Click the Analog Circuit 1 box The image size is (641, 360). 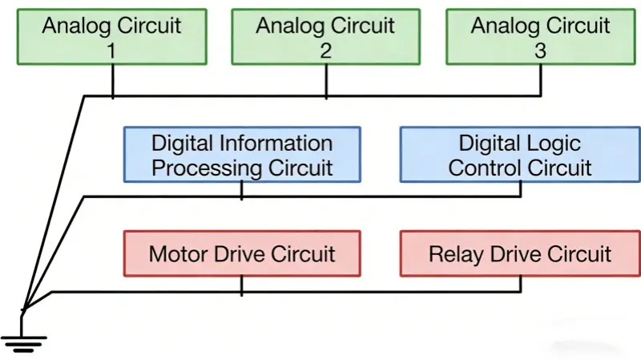(112, 37)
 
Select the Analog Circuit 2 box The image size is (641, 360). (325, 37)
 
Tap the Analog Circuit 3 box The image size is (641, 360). (540, 37)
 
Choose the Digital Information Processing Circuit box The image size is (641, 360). (242, 155)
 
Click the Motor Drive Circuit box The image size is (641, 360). (242, 254)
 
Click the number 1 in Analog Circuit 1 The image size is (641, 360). (112, 51)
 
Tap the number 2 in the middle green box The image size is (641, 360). (325, 51)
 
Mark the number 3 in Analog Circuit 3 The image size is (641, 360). (540, 51)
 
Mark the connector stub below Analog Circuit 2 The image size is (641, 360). (325, 81)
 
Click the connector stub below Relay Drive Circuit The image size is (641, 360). (521, 285)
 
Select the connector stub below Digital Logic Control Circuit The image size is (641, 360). (521, 189)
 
